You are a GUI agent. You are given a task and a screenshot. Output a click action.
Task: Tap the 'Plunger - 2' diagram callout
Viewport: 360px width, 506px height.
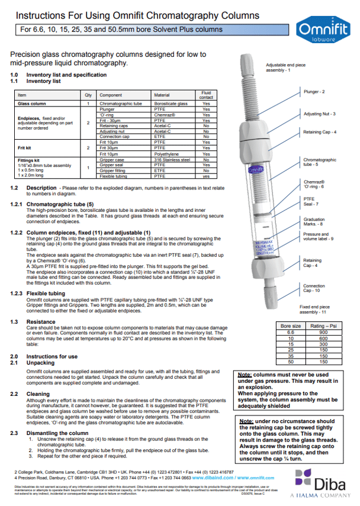coord(314,92)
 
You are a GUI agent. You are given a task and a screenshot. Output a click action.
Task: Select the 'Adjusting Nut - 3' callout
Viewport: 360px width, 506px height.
coord(320,114)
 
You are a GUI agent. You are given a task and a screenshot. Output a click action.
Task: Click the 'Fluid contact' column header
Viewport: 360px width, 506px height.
coord(206,94)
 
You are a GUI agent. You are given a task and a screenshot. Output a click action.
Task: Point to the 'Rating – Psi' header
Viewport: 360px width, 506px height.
coord(319,325)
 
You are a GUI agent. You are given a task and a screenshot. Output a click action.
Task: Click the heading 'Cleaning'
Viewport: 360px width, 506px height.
coord(37,393)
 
